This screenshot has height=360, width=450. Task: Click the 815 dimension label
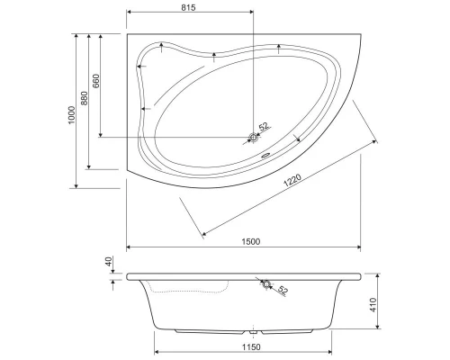tap(188, 7)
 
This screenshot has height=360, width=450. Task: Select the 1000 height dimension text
tap(71, 115)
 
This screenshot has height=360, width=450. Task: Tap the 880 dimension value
tap(85, 98)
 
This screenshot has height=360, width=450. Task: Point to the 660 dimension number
tap(96, 81)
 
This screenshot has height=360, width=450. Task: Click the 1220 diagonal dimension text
tap(292, 180)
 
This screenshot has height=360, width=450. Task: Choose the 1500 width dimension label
tap(251, 241)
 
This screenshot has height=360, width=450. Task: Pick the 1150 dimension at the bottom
tap(251, 347)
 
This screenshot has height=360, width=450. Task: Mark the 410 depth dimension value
tap(373, 305)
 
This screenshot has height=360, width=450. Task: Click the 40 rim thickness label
tap(108, 261)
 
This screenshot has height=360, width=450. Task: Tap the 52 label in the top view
tap(263, 127)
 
